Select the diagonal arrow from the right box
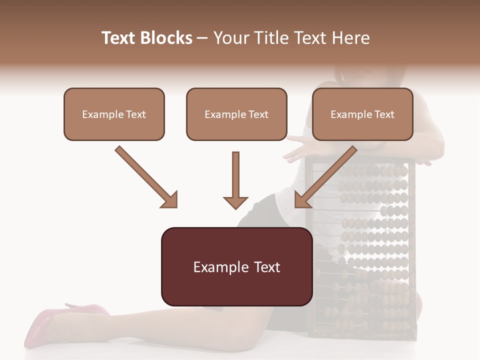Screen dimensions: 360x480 (325, 177)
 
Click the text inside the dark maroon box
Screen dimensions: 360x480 (236, 267)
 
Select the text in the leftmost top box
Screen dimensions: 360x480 (114, 114)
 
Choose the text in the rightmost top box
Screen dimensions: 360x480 (362, 114)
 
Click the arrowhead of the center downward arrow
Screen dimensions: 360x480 (235, 202)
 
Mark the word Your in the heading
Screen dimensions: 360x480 (228, 38)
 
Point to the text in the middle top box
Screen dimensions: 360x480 (236, 114)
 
